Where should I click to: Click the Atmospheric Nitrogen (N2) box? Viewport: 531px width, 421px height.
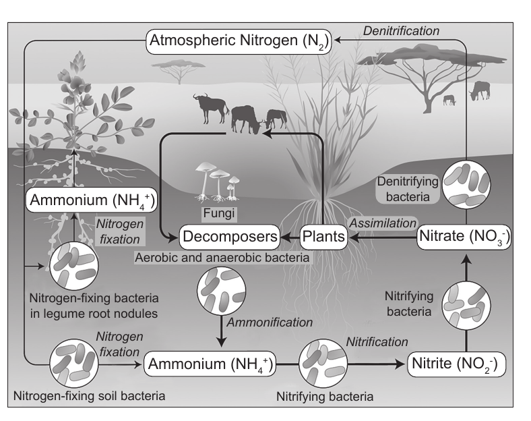tap(239, 41)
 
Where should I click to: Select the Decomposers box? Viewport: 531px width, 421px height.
tap(230, 237)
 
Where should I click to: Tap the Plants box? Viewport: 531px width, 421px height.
tap(323, 237)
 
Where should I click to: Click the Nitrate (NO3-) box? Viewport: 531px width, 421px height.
tap(464, 237)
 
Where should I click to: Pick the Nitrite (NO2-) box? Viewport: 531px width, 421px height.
tap(456, 364)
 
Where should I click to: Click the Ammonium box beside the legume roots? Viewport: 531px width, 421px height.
tap(92, 200)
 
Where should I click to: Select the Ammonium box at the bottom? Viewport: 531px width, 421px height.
tap(210, 364)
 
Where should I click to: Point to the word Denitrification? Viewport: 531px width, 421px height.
tap(402, 31)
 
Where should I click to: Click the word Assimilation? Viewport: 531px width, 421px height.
tap(383, 223)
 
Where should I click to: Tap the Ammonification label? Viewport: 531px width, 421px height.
tap(270, 322)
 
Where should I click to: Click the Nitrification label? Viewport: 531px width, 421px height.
tap(377, 342)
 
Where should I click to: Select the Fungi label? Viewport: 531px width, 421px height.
tap(219, 213)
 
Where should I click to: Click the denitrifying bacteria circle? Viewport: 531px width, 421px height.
tap(466, 184)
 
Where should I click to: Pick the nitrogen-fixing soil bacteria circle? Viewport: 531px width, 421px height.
tap(74, 364)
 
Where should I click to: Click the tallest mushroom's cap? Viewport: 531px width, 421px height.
tap(206, 167)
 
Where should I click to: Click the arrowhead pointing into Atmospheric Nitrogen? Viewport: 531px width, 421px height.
tap(338, 40)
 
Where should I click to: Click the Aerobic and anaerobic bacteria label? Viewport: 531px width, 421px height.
tap(222, 258)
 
